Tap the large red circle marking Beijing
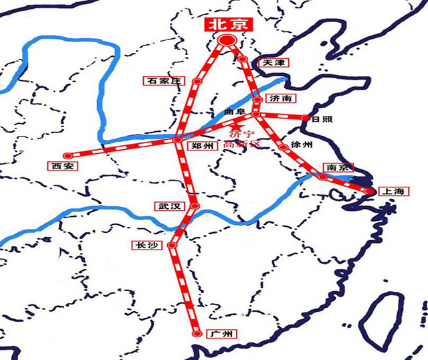227,41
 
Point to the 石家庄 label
163,81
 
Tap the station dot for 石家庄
196,82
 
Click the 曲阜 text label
237,110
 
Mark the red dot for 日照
306,118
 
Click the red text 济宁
239,133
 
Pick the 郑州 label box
201,146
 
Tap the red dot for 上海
367,193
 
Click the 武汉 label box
167,206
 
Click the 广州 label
219,333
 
